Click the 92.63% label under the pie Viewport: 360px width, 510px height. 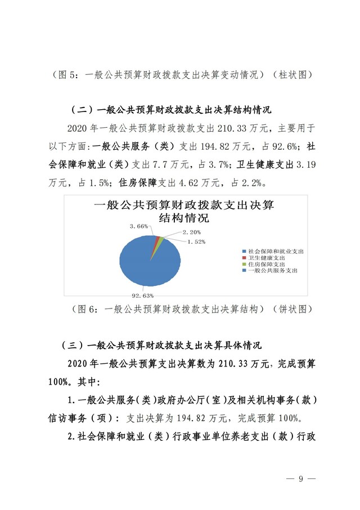(143, 294)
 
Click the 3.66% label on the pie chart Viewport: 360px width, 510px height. (138, 226)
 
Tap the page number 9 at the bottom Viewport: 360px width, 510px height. (301, 479)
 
